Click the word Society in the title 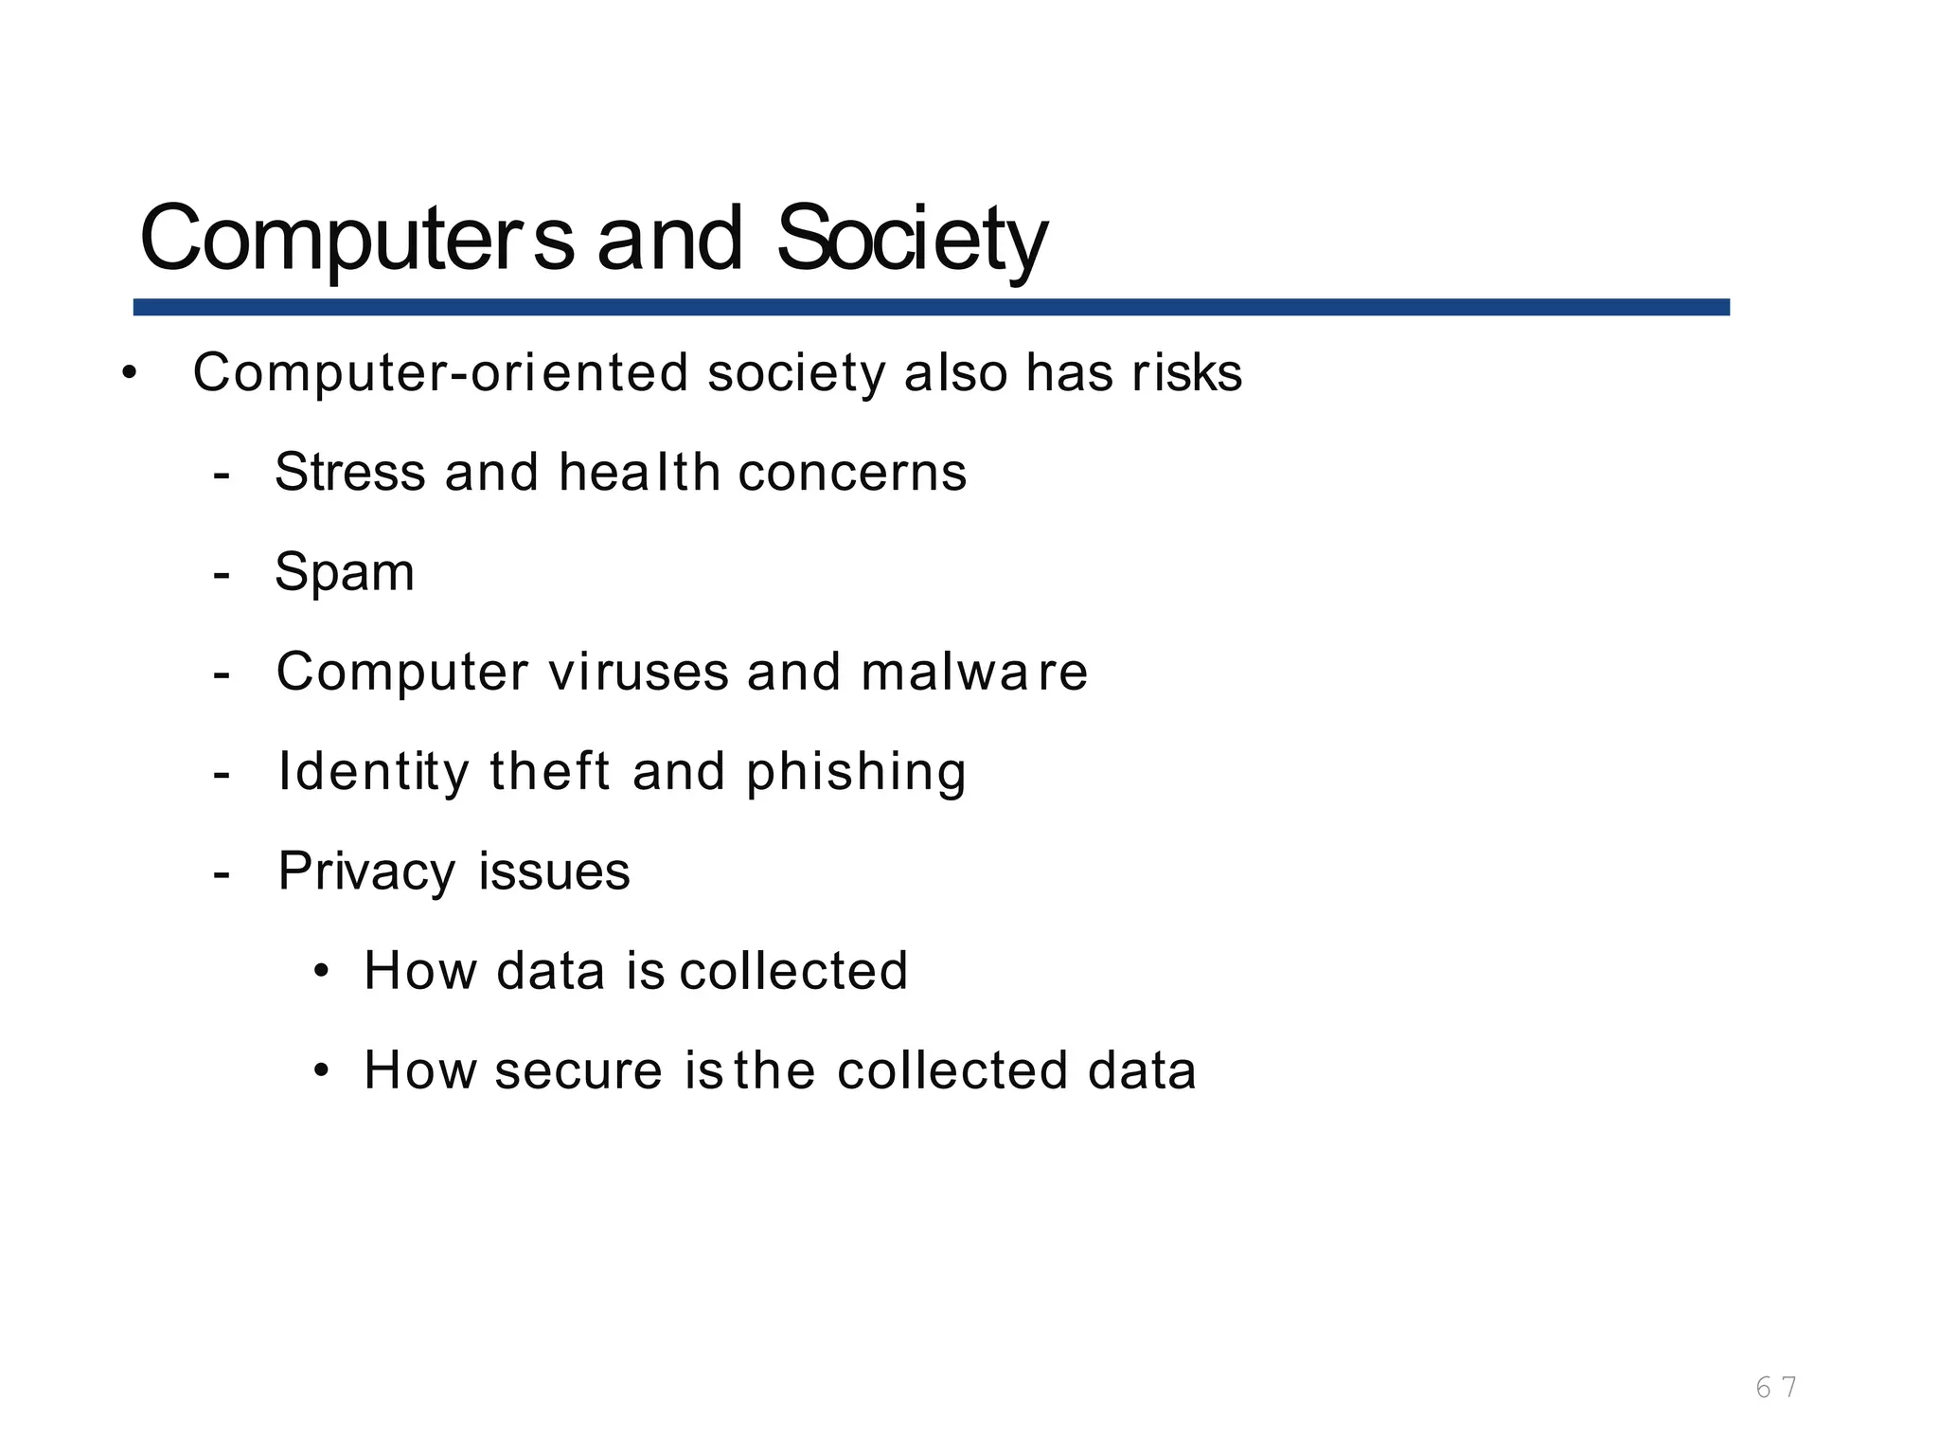pos(911,239)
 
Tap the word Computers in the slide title pos(356,239)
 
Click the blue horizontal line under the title pos(931,307)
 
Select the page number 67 pos(1776,1388)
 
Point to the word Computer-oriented pos(440,373)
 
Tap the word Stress pos(349,472)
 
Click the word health pos(639,472)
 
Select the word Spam pos(345,573)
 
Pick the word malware pos(974,672)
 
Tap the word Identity pos(373,772)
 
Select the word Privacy pos(366,871)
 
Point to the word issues pos(554,871)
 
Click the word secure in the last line pos(578,1070)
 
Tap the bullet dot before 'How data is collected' pos(322,972)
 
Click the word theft pos(549,771)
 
